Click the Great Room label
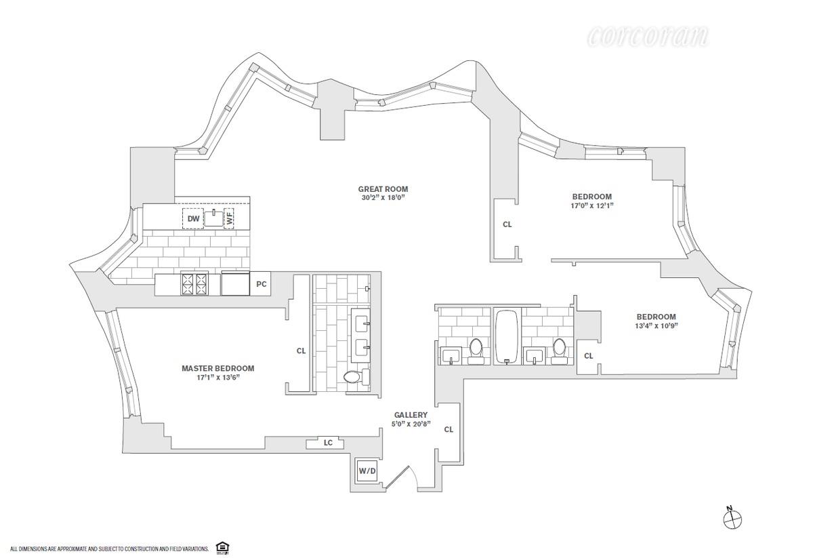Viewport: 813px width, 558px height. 383,189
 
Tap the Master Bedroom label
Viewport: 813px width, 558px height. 217,368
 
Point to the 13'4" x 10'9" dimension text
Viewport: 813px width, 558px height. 656,325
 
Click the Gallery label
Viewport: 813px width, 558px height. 411,415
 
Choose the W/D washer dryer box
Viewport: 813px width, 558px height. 367,470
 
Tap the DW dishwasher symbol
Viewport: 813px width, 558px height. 194,218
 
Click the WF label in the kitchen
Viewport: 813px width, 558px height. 229,218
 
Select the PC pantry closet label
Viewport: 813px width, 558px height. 261,285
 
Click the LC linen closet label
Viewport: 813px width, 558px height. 328,443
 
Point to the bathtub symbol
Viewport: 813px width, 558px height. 505,337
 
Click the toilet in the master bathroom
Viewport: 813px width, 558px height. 353,376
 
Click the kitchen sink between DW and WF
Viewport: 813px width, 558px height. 213,218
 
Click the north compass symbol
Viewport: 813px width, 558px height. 732,519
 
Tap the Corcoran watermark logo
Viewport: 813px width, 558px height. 648,36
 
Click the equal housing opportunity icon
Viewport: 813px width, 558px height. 221,547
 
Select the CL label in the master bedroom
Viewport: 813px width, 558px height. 301,351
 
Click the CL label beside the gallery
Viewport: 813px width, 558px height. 449,429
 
